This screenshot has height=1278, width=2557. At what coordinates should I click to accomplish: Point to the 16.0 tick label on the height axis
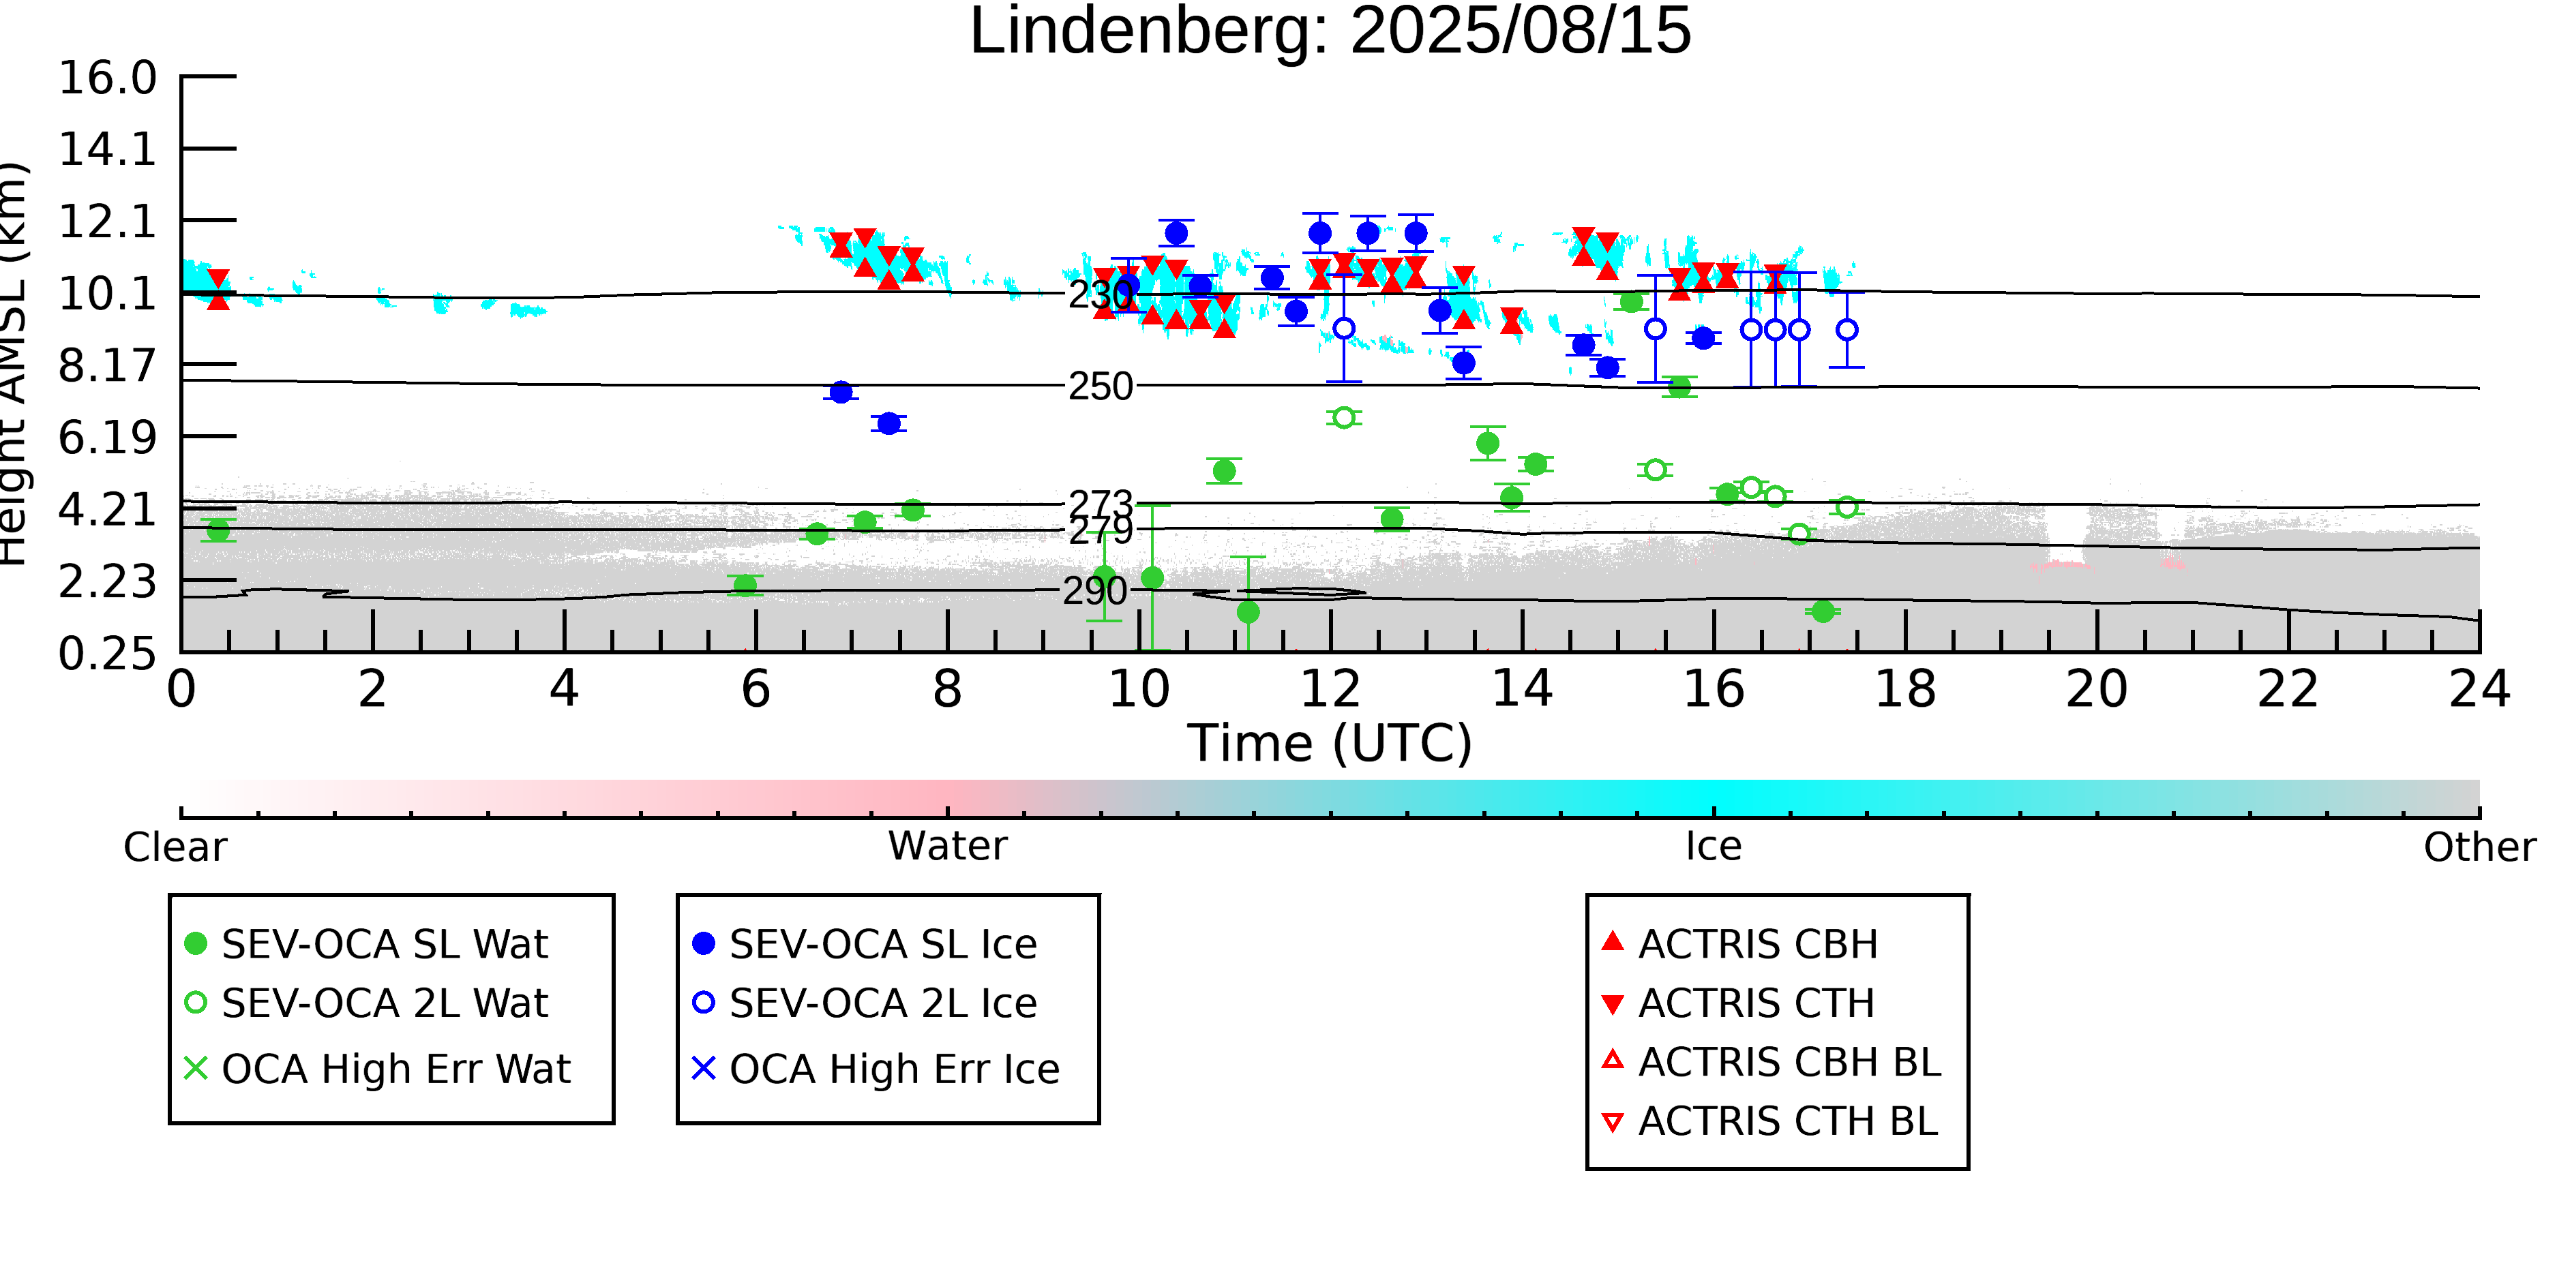(x=107, y=78)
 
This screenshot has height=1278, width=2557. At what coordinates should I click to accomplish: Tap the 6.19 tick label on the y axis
(x=107, y=438)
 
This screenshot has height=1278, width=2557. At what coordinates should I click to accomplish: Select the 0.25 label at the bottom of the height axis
(x=107, y=654)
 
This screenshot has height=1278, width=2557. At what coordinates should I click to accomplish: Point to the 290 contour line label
(x=1095, y=592)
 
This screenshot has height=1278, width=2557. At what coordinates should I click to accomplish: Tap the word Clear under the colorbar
(x=175, y=847)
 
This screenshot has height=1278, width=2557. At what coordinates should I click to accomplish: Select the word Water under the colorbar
(x=947, y=847)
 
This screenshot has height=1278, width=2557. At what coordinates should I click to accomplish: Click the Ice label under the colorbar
(x=1714, y=847)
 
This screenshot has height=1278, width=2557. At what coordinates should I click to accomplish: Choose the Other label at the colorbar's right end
(x=2479, y=847)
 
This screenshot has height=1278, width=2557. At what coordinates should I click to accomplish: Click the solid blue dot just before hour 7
(x=841, y=393)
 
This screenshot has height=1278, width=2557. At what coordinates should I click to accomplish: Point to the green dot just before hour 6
(x=745, y=584)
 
